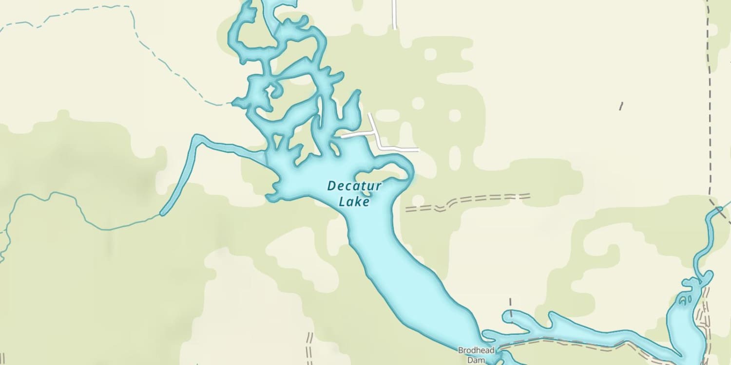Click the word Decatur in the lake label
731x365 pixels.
(354, 186)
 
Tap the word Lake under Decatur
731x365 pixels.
(354, 201)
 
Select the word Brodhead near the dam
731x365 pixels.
(476, 350)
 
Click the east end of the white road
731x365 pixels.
(418, 149)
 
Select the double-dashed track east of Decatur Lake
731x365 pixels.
(468, 201)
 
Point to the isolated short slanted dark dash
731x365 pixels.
(621, 106)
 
